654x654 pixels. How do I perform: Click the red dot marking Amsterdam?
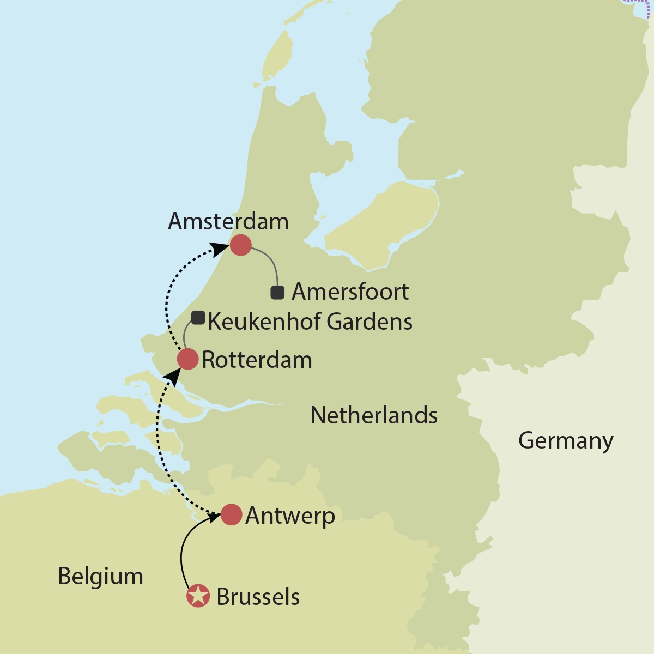(240, 245)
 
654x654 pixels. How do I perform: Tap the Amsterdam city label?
(228, 221)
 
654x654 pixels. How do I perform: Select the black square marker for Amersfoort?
(277, 293)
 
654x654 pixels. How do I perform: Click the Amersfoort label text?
(350, 292)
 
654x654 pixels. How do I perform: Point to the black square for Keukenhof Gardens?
(198, 318)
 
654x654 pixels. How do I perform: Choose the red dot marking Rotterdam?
(187, 360)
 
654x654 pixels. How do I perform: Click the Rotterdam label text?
(257, 360)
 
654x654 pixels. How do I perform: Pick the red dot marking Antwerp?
(231, 514)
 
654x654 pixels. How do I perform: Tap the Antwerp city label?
(290, 516)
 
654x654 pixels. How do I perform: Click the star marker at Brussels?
(198, 596)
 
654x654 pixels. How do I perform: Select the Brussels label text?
(258, 597)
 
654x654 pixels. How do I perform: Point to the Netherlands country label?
(374, 415)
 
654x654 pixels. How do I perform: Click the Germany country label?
(566, 440)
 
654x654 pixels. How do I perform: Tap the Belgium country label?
(101, 576)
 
